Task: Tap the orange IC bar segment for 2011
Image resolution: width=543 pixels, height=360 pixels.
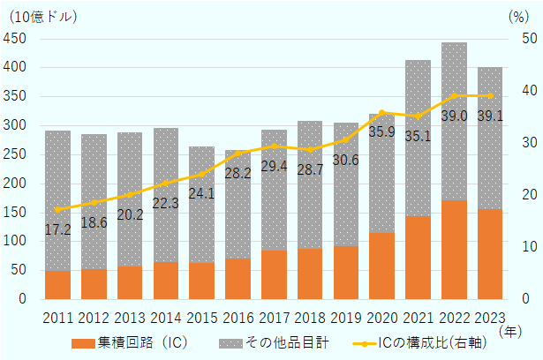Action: pos(57,285)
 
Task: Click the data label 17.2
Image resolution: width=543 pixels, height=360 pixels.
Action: pos(58,229)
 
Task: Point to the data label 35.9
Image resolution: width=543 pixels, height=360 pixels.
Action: pos(381,131)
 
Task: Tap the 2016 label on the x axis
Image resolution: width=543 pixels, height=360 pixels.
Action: pos(238,318)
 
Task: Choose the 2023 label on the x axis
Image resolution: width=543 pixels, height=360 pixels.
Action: pos(490,318)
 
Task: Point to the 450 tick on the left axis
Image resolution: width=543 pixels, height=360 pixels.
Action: pos(15,39)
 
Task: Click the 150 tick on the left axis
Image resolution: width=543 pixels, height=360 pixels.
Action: pos(15,213)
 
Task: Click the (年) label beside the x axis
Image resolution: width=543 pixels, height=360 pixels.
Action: pos(510,331)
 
